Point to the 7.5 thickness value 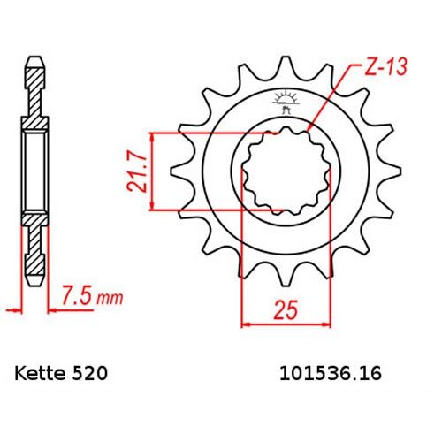77,292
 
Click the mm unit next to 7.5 110,294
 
